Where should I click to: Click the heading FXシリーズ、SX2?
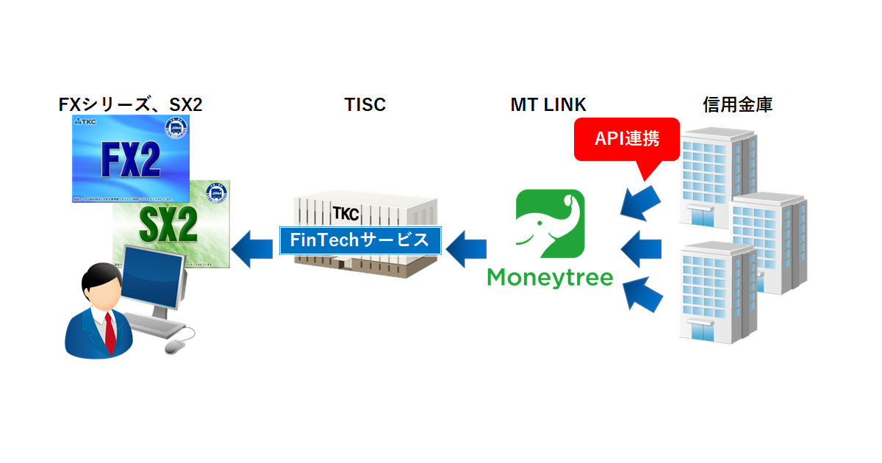click(x=130, y=105)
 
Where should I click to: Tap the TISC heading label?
click(x=365, y=105)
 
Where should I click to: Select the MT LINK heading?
click(x=548, y=105)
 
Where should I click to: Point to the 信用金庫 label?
click(x=736, y=105)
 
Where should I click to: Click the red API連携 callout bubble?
click(x=626, y=140)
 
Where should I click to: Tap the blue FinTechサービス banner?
click(x=359, y=240)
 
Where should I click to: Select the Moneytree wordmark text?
click(x=551, y=278)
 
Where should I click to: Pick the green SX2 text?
click(x=168, y=229)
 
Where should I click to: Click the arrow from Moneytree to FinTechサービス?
click(x=465, y=248)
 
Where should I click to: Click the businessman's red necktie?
click(x=110, y=331)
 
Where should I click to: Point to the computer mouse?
click(x=176, y=345)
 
